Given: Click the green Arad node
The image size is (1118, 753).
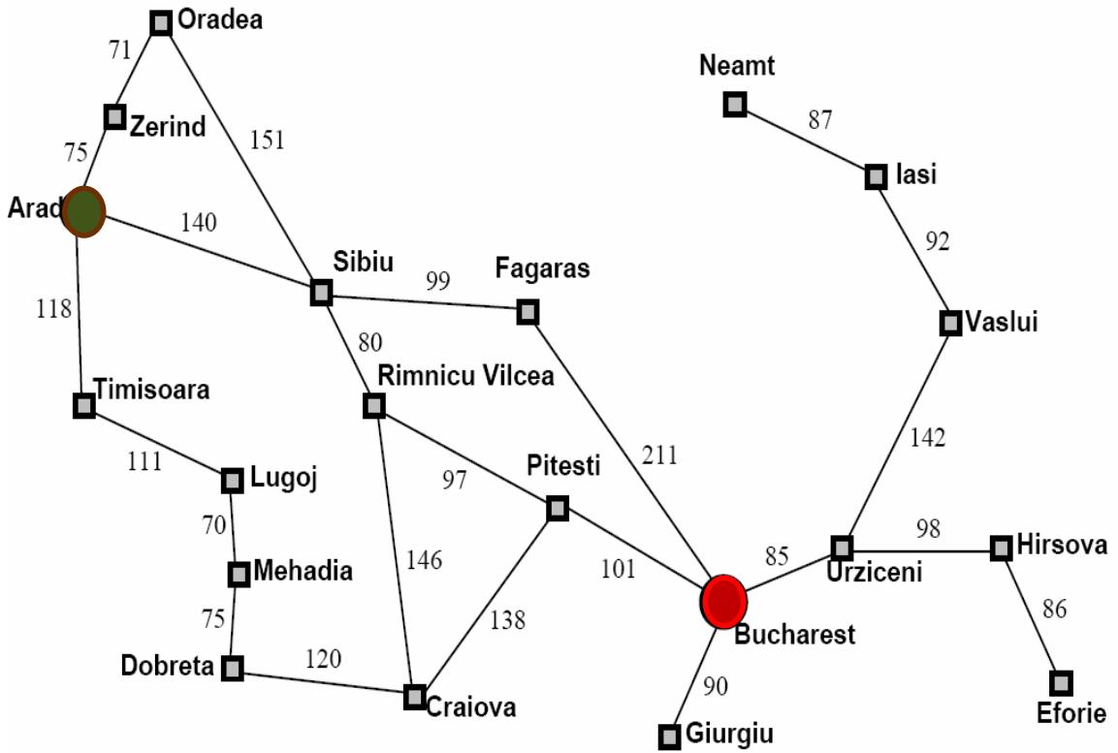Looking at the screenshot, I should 84,212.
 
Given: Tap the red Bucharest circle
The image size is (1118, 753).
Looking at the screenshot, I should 723,601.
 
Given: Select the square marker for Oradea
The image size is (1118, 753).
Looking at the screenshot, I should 162,23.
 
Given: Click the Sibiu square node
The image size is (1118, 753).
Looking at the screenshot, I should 321,292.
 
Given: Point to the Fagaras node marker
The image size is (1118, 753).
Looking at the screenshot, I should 527,312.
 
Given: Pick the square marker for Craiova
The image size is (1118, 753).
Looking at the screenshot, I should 415,697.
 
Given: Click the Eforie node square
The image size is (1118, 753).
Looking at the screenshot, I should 1062,682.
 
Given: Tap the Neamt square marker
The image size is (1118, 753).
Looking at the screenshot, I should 735,104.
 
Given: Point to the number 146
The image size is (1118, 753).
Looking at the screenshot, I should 424,560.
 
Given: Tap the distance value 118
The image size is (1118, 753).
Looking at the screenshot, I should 53,309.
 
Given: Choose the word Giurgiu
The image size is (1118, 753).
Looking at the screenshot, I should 729,735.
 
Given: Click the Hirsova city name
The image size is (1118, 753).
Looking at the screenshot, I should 1062,546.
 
